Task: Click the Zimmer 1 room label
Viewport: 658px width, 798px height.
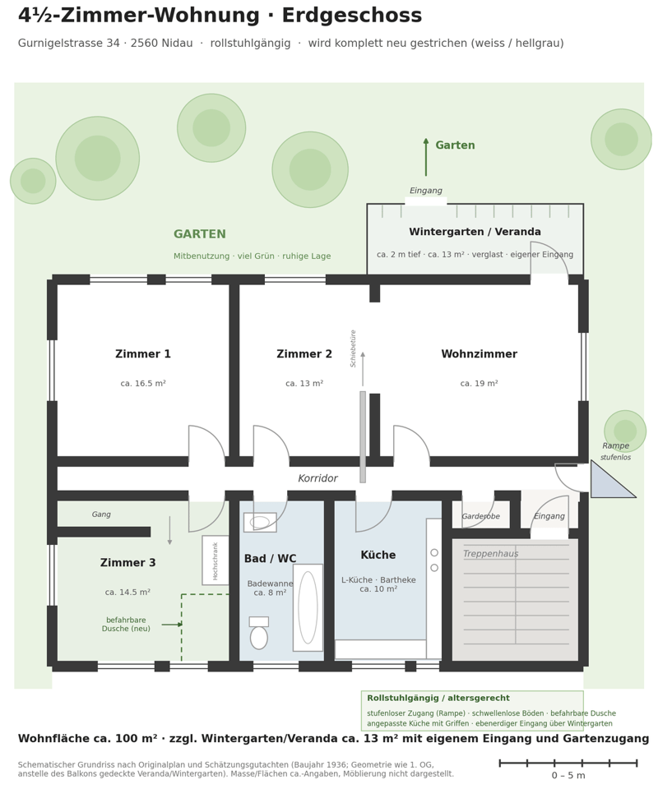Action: point(142,353)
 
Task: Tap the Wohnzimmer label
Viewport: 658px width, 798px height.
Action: point(479,353)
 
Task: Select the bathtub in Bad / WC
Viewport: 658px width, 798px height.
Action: point(308,607)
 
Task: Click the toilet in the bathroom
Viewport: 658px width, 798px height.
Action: point(259,633)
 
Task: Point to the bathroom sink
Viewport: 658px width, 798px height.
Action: point(260,522)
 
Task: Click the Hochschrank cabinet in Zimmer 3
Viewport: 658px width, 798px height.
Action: point(215,560)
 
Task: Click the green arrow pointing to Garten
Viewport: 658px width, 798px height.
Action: point(426,157)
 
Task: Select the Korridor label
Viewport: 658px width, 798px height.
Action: point(317,477)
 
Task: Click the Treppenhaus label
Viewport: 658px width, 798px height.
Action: point(490,554)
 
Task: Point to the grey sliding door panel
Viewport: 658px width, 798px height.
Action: point(363,436)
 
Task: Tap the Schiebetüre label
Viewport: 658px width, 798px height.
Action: point(353,348)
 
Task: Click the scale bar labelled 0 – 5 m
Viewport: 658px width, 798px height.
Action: point(568,763)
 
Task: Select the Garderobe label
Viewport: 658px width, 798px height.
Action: point(481,516)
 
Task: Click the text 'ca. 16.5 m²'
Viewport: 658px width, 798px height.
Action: point(143,383)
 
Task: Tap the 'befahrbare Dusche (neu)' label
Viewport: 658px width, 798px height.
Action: point(126,624)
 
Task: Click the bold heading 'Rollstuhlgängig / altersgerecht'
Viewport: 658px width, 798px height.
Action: point(438,699)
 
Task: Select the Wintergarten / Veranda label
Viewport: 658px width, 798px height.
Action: point(475,232)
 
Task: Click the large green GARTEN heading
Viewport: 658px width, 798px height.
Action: point(200,234)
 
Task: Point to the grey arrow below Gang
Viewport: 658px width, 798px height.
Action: point(169,531)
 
